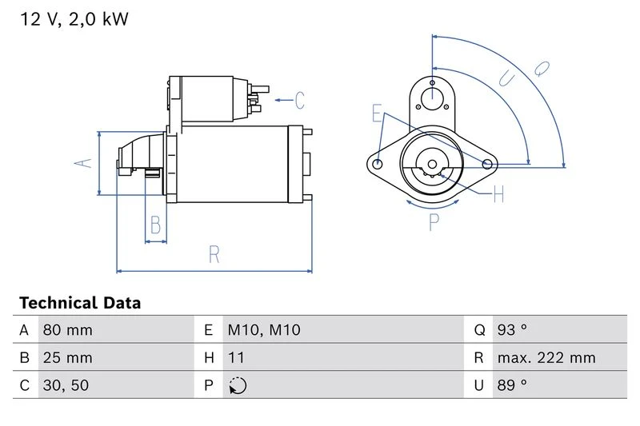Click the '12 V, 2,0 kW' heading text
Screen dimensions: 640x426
coord(74,19)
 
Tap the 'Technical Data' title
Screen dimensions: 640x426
coord(80,303)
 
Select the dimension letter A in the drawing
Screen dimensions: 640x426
coord(83,163)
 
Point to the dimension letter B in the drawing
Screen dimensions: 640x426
coord(155,225)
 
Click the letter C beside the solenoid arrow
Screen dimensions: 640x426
coord(299,100)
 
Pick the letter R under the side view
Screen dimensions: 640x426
coord(214,254)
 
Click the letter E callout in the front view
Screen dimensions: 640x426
coord(377,113)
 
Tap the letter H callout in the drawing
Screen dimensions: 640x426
coord(498,194)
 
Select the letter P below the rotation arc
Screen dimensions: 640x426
coord(434,222)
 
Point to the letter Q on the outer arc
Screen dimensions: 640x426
coord(542,69)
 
